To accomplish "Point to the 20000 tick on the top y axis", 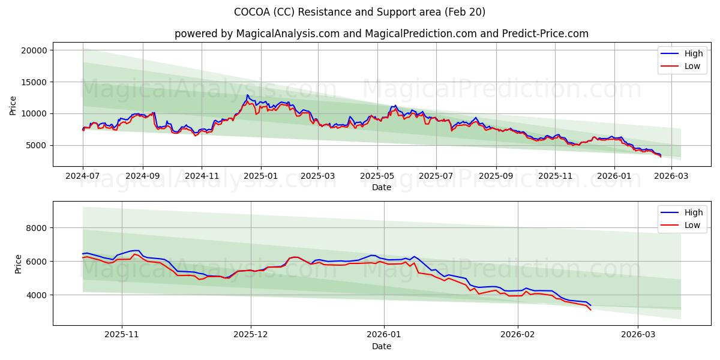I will [x=34, y=50].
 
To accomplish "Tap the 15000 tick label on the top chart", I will [x=34, y=82].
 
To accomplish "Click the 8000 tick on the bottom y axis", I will [x=37, y=228].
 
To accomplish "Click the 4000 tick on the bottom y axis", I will [x=37, y=295].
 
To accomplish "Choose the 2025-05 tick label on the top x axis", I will [x=377, y=176].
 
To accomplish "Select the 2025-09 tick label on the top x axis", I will [x=496, y=176].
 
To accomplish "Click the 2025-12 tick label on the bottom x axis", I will [x=251, y=335].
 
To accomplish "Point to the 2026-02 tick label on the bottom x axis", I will [x=517, y=335].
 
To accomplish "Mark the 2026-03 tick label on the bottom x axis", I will [x=638, y=335].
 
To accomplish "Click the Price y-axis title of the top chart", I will [x=13, y=106].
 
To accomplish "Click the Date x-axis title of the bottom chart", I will [x=381, y=346].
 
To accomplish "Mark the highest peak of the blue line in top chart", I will [x=247, y=95].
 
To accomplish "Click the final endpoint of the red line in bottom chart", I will [x=590, y=310].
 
